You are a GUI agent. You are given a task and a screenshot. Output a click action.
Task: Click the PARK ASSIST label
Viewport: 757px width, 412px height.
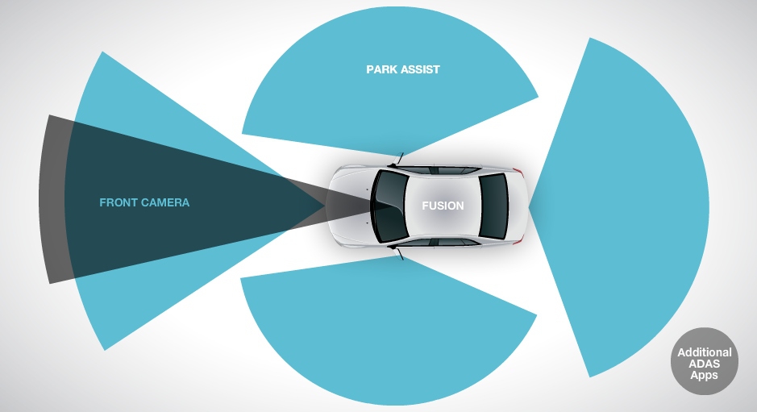click(x=403, y=69)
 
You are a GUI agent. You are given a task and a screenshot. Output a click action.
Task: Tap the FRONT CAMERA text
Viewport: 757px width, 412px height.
click(x=144, y=202)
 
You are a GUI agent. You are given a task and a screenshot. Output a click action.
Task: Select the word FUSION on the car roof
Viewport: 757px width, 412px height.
click(x=443, y=206)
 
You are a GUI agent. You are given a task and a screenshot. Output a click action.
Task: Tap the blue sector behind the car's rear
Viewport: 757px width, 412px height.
click(x=629, y=206)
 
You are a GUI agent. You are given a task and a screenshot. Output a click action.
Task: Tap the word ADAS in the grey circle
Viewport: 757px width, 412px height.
click(x=704, y=364)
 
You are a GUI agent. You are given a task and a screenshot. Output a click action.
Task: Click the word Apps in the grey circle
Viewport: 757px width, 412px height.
click(x=704, y=375)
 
